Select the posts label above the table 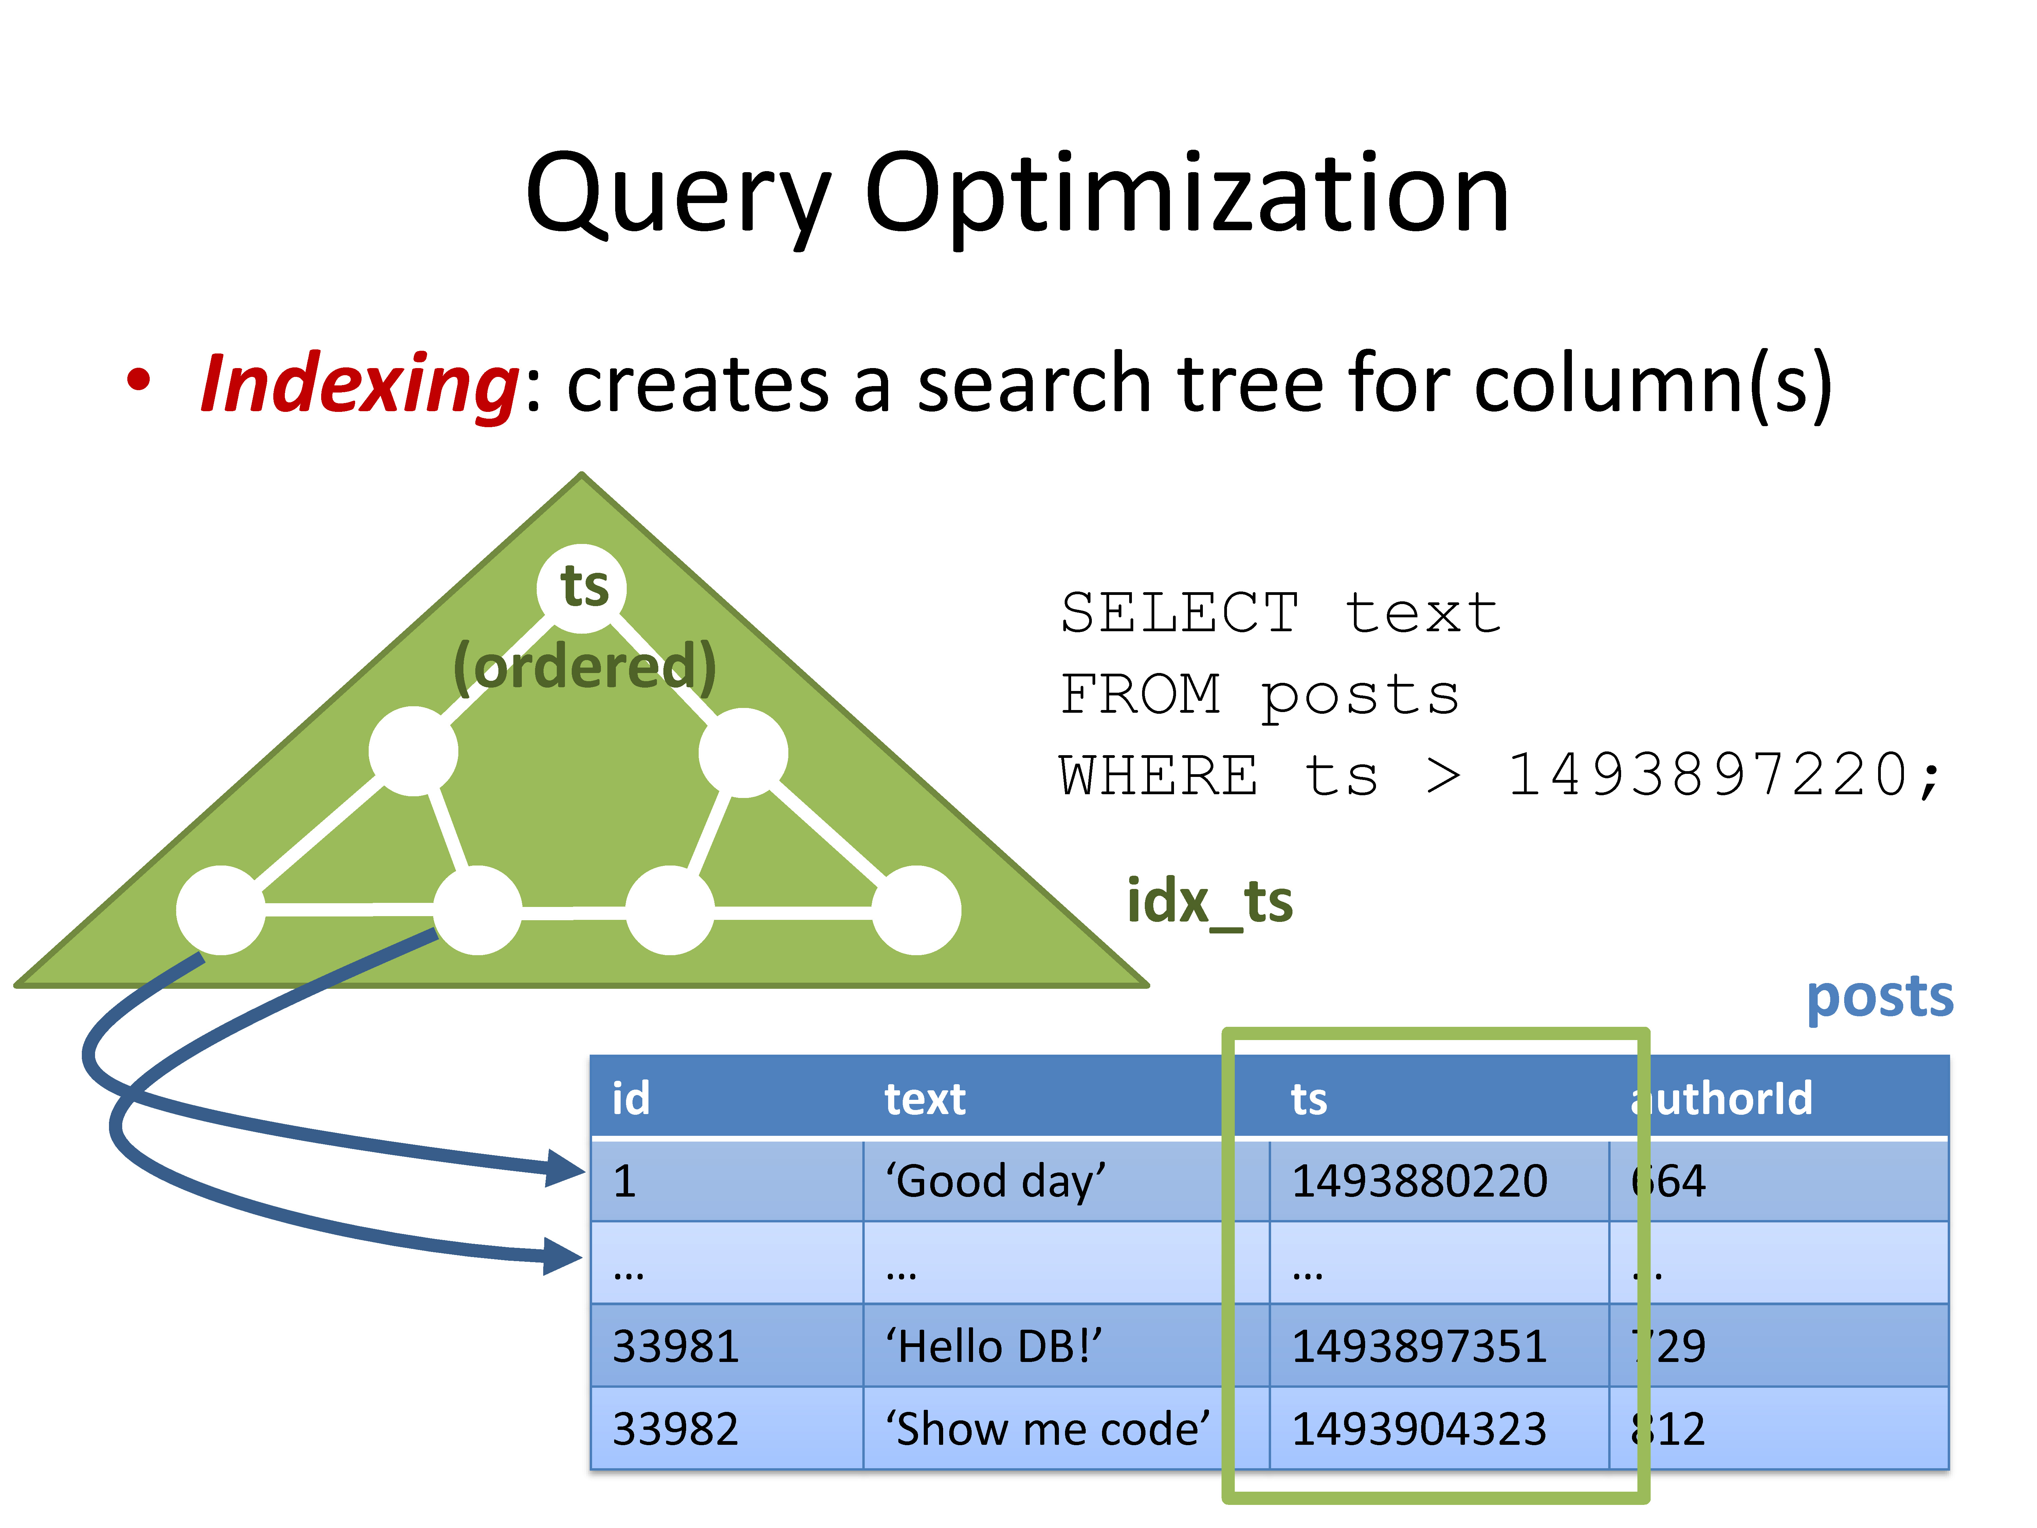1878,998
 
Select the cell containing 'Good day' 994,1181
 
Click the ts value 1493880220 1418,1181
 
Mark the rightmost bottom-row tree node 916,910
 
